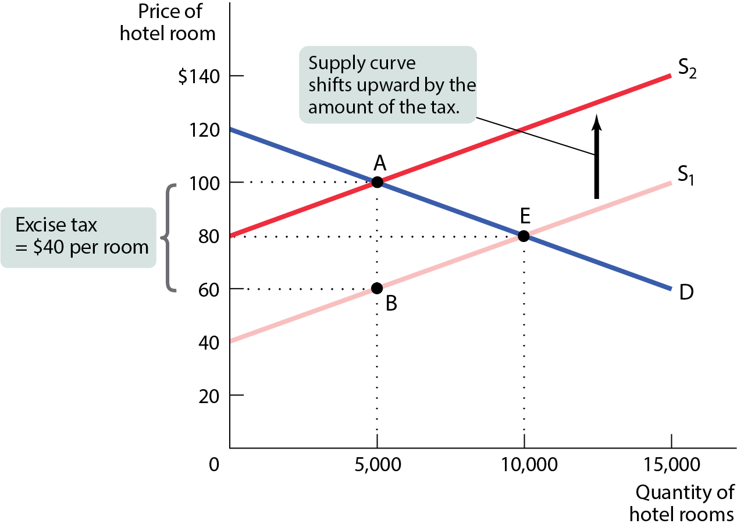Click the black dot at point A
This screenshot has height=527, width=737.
click(x=377, y=182)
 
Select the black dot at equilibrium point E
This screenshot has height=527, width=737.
click(x=524, y=236)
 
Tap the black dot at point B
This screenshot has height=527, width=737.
click(x=377, y=288)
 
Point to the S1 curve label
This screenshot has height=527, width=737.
click(x=686, y=175)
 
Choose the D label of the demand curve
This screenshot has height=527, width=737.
click(x=686, y=292)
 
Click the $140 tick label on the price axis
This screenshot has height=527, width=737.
click(x=199, y=77)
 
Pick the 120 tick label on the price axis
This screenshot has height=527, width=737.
click(x=204, y=130)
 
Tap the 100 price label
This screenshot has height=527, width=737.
click(x=204, y=184)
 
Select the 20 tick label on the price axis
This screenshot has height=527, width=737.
click(x=209, y=396)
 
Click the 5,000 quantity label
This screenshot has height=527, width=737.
click(x=378, y=465)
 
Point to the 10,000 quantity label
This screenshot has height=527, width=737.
click(x=529, y=465)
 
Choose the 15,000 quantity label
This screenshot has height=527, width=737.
click(x=671, y=465)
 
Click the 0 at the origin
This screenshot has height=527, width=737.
click(x=214, y=465)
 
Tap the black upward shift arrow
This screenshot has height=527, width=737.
click(x=596, y=156)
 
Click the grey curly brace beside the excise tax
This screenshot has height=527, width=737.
click(x=169, y=238)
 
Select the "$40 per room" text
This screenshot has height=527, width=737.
click(x=91, y=247)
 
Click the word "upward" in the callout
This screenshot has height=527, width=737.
click(x=387, y=85)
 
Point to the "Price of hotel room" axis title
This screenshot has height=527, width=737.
click(x=168, y=22)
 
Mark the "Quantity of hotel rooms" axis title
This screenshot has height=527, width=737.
click(x=681, y=503)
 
